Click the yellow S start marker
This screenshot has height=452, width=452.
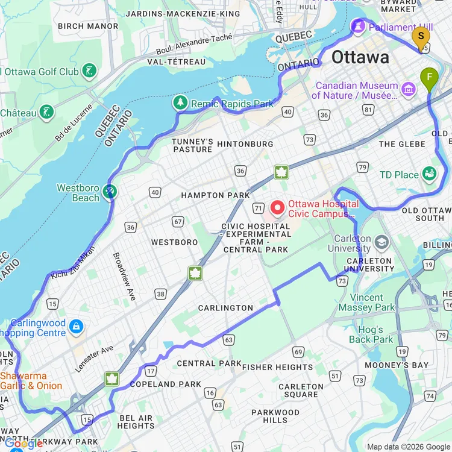pos(421,36)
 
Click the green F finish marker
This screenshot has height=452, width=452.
pos(429,78)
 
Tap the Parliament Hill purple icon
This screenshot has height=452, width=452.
pos(358,27)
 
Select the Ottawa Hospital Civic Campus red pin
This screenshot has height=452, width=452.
pos(278,208)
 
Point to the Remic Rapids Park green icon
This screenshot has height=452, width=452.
pos(180,103)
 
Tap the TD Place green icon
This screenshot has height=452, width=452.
pos(429,174)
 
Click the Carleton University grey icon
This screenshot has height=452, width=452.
pos(381,242)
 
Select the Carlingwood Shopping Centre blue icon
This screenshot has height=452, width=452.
pos(76,327)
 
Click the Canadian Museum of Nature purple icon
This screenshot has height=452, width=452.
pos(409,90)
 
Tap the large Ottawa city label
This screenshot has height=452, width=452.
pos(360,57)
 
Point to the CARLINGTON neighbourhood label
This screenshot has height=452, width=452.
pos(226,308)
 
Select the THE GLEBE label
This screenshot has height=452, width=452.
pos(403,144)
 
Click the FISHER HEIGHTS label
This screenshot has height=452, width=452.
pos(277,367)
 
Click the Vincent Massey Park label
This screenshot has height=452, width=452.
pos(366,303)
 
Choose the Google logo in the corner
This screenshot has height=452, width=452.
pos(24,444)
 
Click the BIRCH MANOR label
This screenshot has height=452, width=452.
pos(88,27)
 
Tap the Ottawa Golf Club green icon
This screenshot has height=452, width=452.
pos(89,71)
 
